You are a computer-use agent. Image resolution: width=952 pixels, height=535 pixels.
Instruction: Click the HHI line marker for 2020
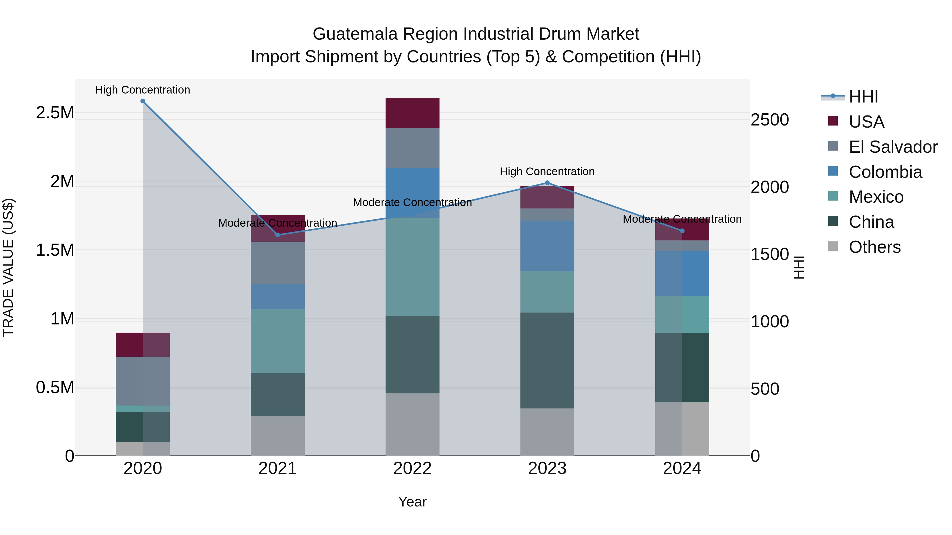[x=143, y=101]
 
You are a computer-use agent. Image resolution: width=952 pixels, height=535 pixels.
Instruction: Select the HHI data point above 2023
[x=547, y=183]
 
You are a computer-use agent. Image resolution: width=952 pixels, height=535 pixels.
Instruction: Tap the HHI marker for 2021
[x=278, y=235]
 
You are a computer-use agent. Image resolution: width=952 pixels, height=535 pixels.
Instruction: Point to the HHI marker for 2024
[x=682, y=231]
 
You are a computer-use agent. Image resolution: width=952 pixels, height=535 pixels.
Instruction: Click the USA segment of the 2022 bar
[x=413, y=113]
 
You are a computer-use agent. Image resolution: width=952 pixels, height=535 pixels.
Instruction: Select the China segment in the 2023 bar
[x=547, y=360]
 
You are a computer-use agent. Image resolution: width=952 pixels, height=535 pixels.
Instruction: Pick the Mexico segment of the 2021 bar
[x=278, y=341]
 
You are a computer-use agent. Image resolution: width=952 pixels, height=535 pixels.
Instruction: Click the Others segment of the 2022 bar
[x=413, y=424]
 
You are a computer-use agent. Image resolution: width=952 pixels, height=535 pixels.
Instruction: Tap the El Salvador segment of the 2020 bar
[x=143, y=381]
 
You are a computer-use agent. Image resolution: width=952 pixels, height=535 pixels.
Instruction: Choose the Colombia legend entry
[x=885, y=172]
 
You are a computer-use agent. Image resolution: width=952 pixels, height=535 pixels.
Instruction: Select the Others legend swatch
[x=833, y=246]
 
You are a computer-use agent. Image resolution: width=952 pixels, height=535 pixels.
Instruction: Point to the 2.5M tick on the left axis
[x=55, y=113]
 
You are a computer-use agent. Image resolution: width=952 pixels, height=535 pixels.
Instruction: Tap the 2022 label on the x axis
[x=413, y=468]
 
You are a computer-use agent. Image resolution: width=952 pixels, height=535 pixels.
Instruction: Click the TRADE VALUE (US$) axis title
[x=8, y=267]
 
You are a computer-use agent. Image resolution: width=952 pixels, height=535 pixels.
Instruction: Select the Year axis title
[x=413, y=502]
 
